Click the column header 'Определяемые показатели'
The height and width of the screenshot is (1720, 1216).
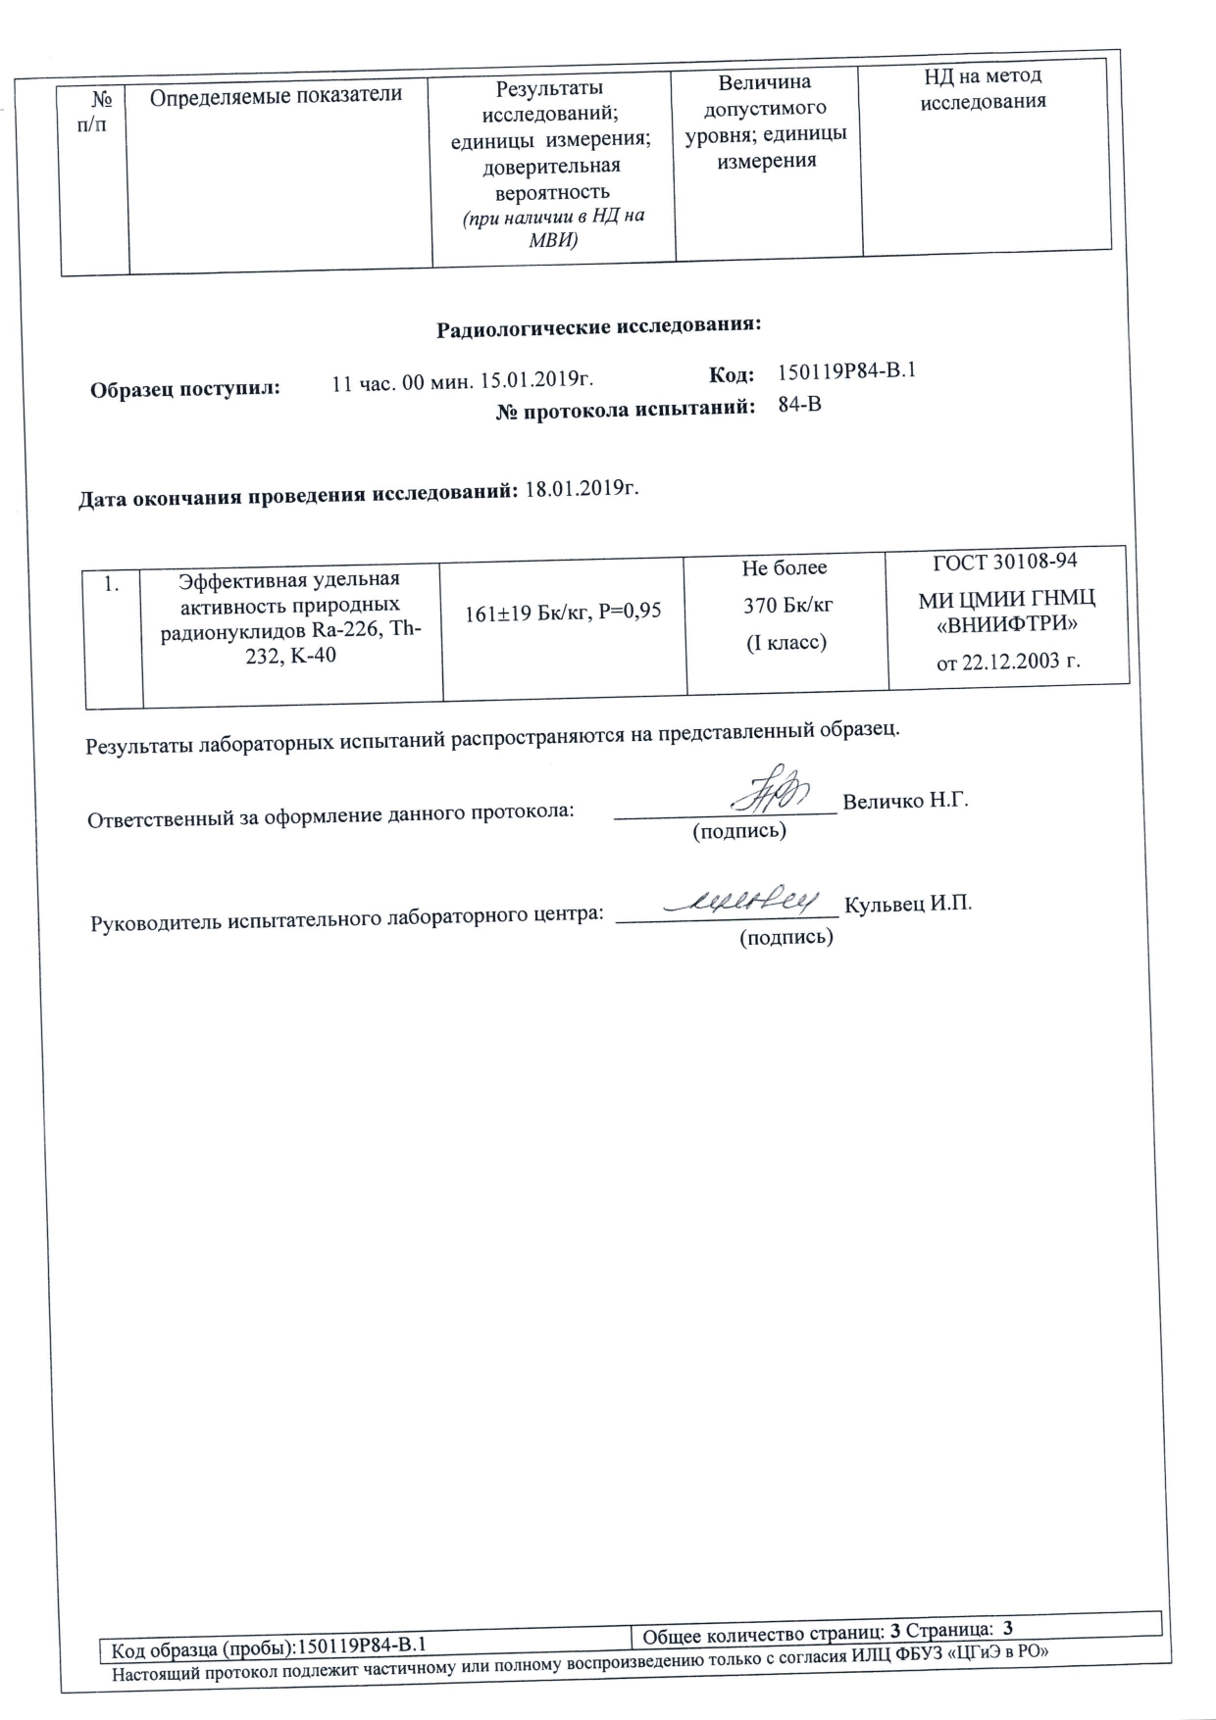(x=277, y=94)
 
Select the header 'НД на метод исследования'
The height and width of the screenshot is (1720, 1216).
(x=983, y=88)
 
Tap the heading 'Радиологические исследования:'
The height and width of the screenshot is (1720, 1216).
(x=598, y=325)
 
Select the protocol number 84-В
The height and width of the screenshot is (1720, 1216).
(x=799, y=404)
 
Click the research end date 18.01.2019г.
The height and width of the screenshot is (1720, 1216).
(x=583, y=487)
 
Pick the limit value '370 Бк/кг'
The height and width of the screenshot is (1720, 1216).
(x=787, y=605)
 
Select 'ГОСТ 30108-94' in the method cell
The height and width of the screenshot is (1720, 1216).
(x=1004, y=561)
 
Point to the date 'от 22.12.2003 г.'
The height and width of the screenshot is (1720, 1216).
(x=1008, y=662)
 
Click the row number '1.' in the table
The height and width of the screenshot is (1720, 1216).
(x=113, y=585)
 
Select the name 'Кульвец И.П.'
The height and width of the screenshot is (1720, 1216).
(x=908, y=904)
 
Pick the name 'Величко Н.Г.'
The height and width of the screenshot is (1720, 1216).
(x=905, y=801)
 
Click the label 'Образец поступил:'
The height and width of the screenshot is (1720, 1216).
(x=185, y=388)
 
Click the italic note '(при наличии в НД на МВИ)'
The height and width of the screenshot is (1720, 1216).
(x=553, y=227)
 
